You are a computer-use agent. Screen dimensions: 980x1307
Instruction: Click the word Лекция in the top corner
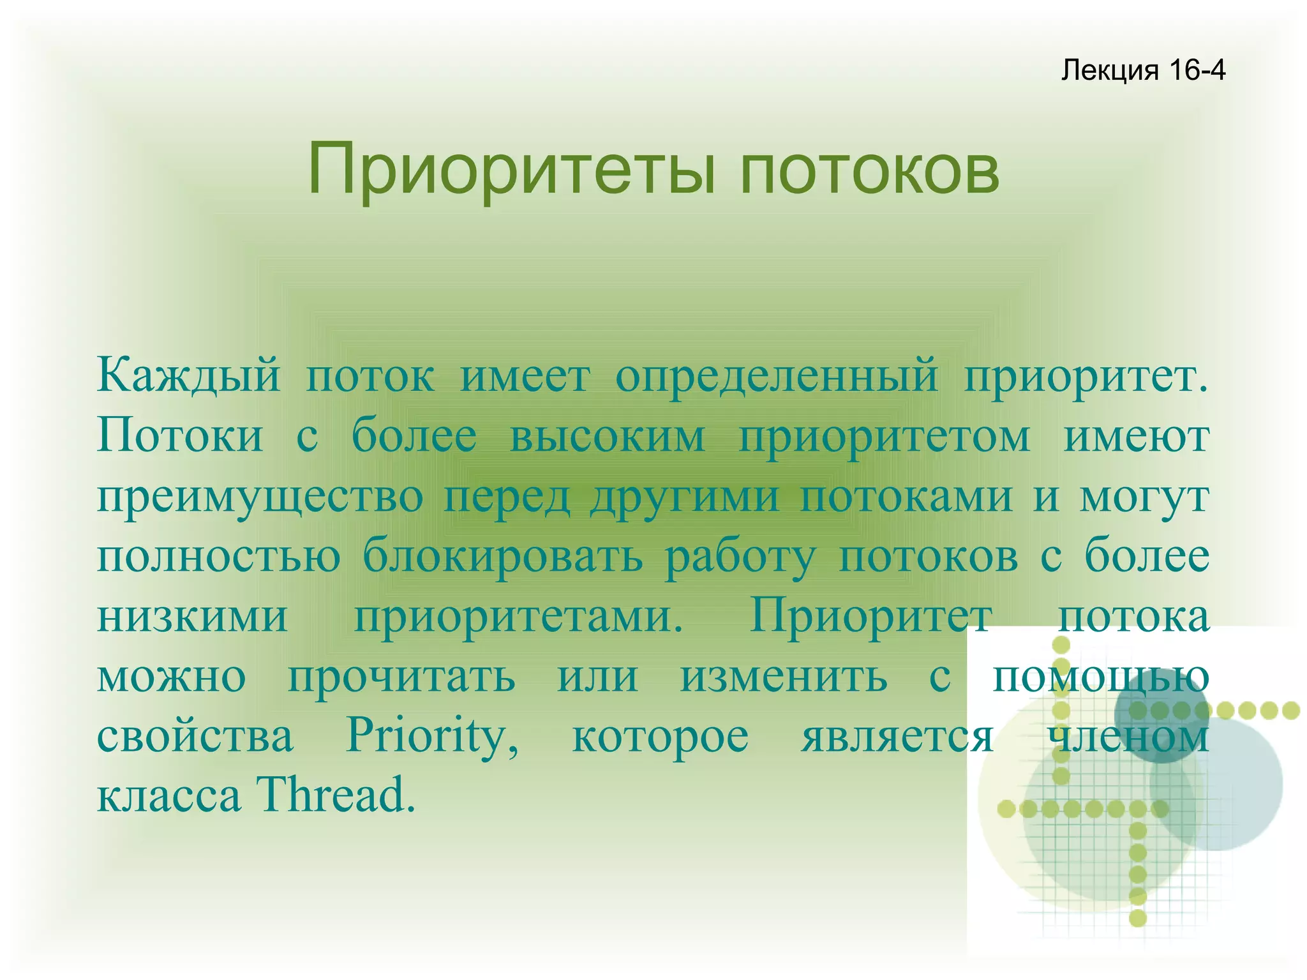(1109, 70)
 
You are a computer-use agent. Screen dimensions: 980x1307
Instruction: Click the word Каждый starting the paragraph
(189, 376)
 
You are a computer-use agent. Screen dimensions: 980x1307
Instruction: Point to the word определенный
(777, 376)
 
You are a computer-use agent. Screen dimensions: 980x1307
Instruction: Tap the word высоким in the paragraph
(608, 436)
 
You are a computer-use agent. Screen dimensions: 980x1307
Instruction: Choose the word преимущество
(260, 497)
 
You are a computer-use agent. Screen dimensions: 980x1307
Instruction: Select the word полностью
(219, 557)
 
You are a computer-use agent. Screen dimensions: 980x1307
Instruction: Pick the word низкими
(193, 617)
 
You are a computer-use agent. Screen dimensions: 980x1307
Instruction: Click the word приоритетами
(519, 617)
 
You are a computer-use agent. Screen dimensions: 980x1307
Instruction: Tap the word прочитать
(401, 677)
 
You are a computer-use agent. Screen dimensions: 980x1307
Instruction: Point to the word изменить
(783, 677)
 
